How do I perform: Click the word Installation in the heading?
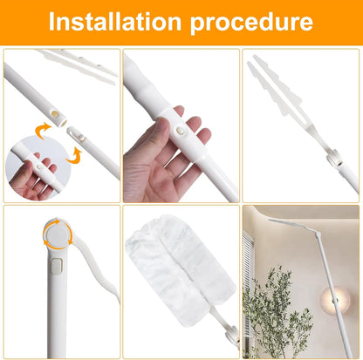115,21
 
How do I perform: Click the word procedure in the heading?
251,24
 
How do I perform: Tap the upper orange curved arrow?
42,130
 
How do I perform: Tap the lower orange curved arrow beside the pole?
74,156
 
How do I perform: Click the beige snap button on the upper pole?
54,113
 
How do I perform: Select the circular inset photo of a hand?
37,167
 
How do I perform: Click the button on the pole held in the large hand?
180,131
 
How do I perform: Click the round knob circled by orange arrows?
57,234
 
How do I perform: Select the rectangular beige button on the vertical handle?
56,267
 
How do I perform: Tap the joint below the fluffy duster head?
232,334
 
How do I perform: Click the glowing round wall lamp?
335,299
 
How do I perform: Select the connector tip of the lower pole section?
75,134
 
